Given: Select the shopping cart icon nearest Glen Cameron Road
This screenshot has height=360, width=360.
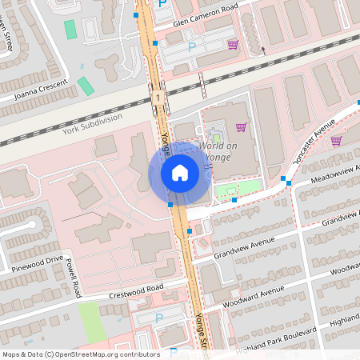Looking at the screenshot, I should coord(233,44).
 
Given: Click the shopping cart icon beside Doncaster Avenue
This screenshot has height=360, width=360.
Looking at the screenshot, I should coord(337,141).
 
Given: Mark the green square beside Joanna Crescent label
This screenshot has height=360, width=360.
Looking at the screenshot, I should coord(86,86).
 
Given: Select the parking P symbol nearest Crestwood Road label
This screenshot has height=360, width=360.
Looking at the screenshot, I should coord(158,318).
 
